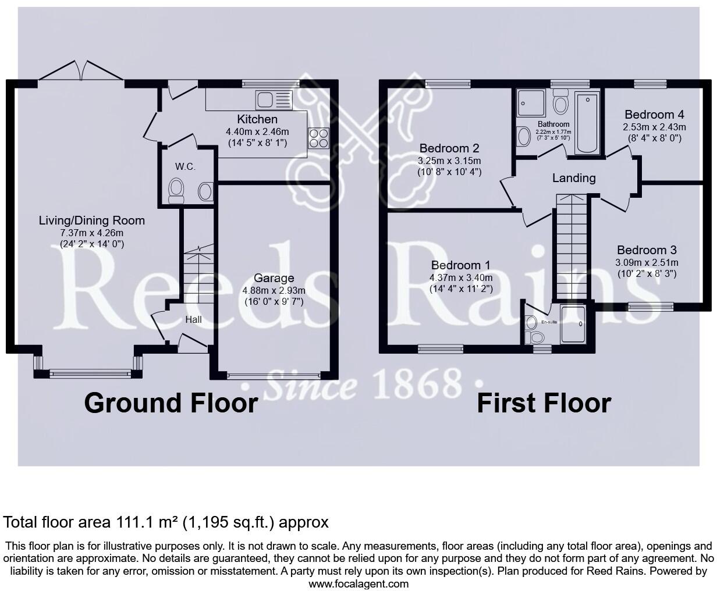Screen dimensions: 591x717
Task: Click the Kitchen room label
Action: (x=257, y=120)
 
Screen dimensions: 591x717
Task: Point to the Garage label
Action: (x=274, y=279)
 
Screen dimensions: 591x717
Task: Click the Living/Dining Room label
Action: (x=92, y=220)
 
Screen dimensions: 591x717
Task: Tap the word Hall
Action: (x=194, y=319)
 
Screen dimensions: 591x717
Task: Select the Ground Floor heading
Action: (x=171, y=403)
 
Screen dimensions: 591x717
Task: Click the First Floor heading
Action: (x=544, y=403)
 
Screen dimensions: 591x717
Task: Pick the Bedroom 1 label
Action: (x=459, y=265)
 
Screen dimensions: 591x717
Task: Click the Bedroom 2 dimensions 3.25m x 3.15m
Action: (x=450, y=161)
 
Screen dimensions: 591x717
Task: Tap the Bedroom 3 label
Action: (x=647, y=250)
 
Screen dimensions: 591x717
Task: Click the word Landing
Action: (x=574, y=178)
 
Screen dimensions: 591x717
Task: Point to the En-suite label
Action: (x=549, y=322)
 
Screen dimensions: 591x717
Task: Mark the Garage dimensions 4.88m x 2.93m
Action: (x=274, y=290)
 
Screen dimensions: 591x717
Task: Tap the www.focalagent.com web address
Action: (x=358, y=583)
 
